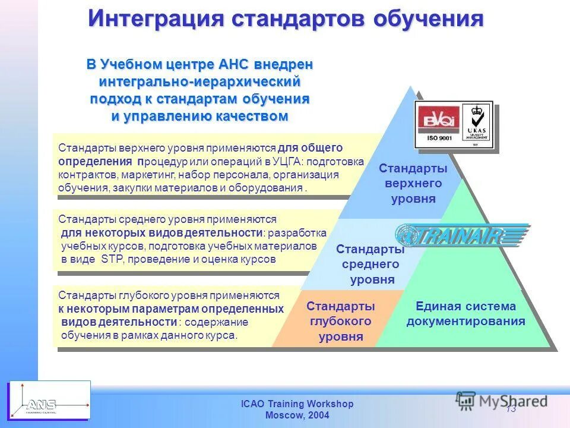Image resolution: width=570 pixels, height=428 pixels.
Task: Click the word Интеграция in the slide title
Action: click(x=156, y=18)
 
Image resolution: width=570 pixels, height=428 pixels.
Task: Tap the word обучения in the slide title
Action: click(x=428, y=18)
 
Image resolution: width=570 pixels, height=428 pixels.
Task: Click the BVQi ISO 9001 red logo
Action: click(x=438, y=124)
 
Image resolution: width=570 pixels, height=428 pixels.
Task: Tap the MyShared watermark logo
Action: click(x=502, y=400)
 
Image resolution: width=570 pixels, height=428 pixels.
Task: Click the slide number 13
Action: click(x=511, y=409)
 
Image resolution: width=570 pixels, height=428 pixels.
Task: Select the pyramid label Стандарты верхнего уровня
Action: click(x=413, y=184)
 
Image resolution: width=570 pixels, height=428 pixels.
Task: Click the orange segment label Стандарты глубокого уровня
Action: click(x=341, y=322)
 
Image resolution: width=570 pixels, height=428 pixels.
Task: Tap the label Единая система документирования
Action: click(x=465, y=314)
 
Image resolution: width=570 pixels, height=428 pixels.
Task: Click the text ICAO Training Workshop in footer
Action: click(x=297, y=404)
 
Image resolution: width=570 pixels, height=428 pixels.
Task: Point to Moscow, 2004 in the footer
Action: click(x=297, y=415)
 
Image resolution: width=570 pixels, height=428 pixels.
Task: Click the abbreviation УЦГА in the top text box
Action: click(x=287, y=162)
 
